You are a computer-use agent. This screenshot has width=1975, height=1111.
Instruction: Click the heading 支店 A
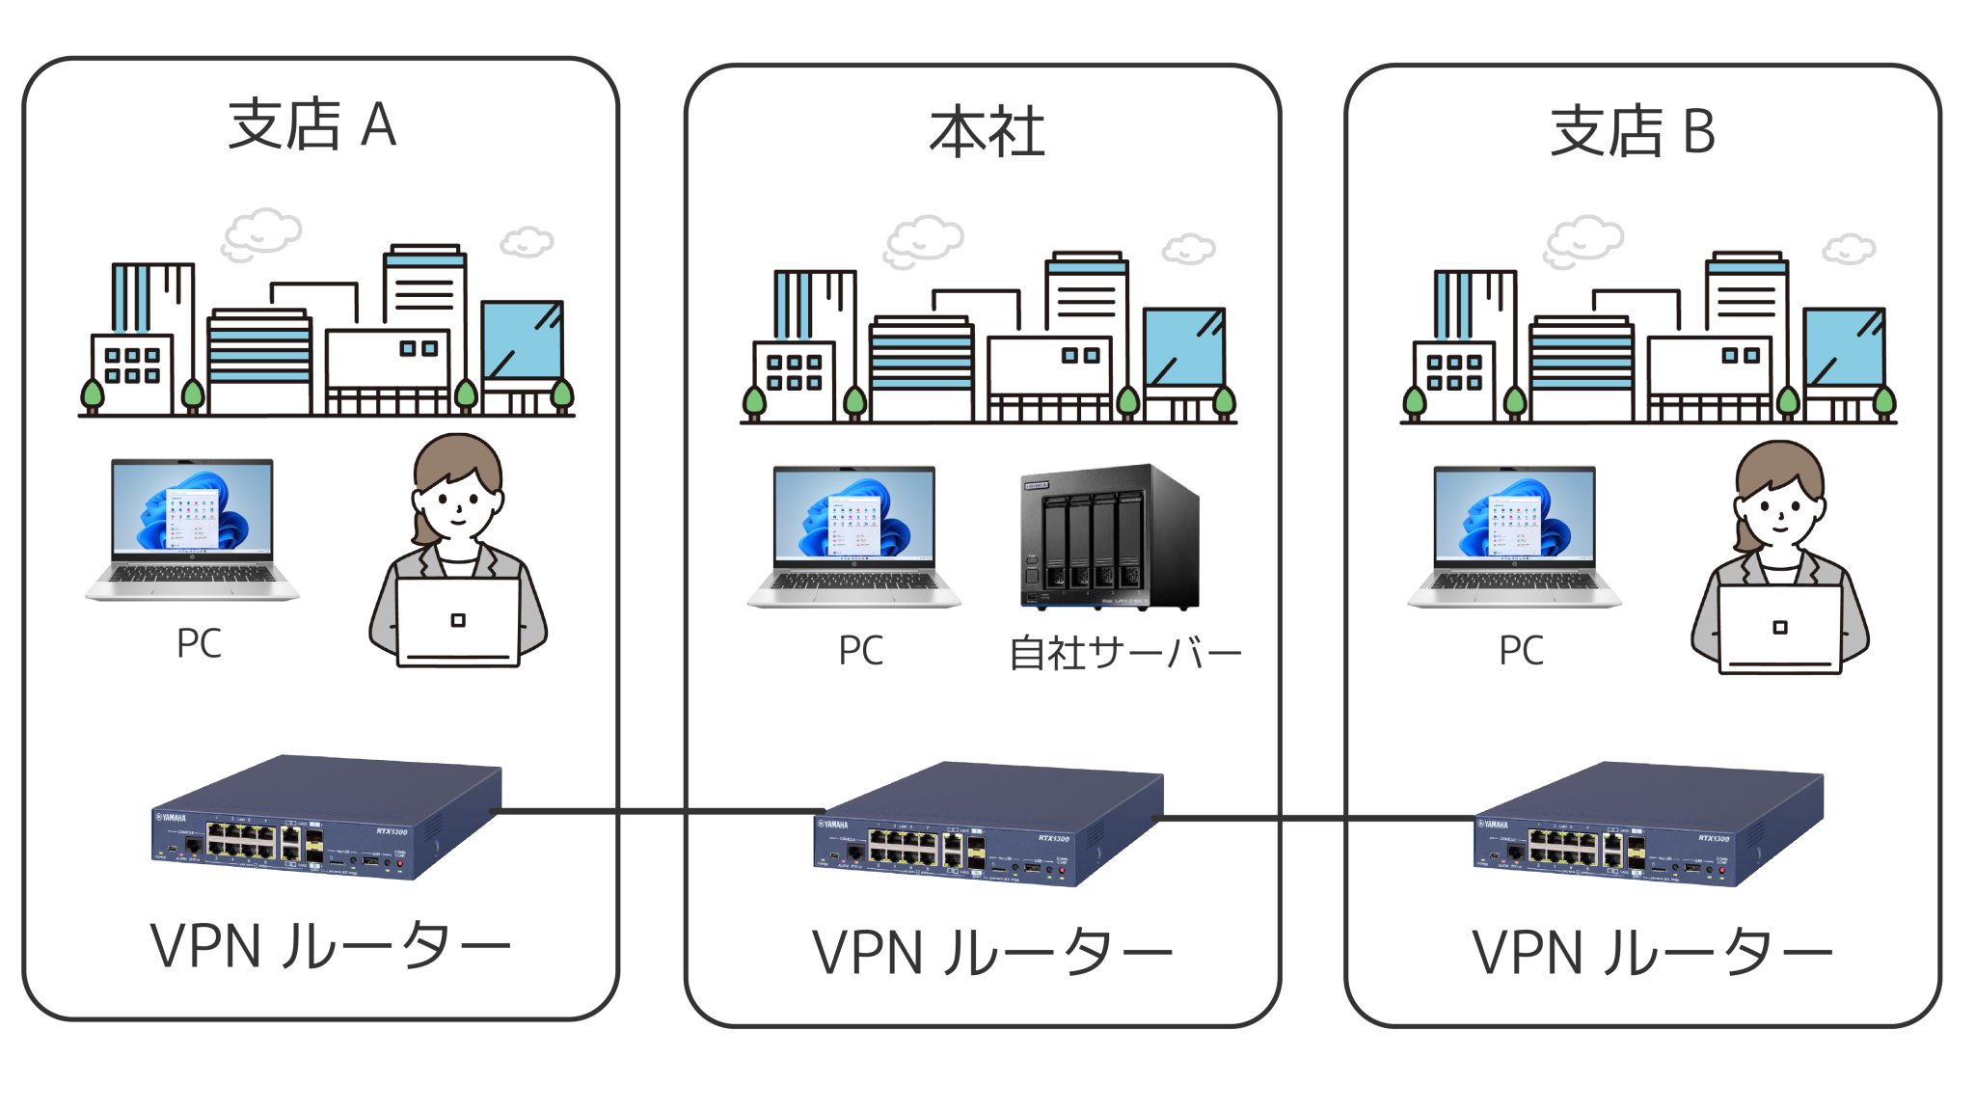pyautogui.click(x=311, y=125)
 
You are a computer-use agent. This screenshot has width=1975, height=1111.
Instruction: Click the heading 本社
pyautogui.click(x=987, y=132)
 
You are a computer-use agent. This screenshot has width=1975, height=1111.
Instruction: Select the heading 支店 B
pyautogui.click(x=1632, y=132)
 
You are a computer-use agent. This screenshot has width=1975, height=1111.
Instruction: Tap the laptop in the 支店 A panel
pyautogui.click(x=193, y=528)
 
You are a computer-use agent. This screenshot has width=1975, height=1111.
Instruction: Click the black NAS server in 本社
pyautogui.click(x=1109, y=537)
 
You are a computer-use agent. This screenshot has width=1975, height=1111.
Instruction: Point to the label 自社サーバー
pyautogui.click(x=1124, y=654)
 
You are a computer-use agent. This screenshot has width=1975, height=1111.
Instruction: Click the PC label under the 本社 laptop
pyautogui.click(x=860, y=651)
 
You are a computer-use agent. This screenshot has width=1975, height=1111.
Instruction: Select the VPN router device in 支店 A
pyautogui.click(x=326, y=818)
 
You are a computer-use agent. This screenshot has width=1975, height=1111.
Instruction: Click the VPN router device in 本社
pyautogui.click(x=987, y=826)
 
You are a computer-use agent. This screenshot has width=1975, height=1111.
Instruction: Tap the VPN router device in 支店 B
pyautogui.click(x=1648, y=826)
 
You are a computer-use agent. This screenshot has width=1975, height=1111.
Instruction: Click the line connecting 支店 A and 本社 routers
pyautogui.click(x=656, y=811)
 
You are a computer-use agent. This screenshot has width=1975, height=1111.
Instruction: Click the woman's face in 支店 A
pyautogui.click(x=457, y=501)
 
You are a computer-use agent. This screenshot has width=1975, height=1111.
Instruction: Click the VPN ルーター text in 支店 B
pyautogui.click(x=1651, y=953)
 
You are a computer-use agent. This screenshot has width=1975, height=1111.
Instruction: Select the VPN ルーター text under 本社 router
pyautogui.click(x=991, y=953)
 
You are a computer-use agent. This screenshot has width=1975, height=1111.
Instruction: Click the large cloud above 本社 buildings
pyautogui.click(x=923, y=241)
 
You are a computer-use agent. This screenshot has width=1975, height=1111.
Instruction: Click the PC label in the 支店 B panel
pyautogui.click(x=1521, y=651)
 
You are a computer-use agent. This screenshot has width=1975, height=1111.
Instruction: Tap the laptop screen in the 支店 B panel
pyautogui.click(x=1514, y=513)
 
